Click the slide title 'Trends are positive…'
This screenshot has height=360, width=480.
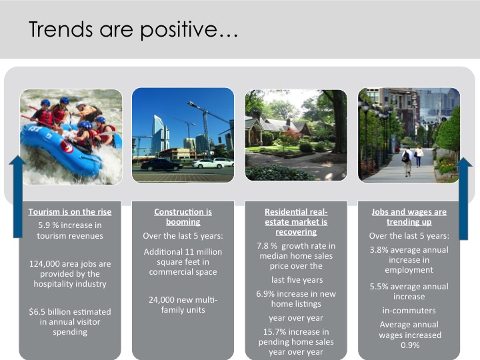[133, 30]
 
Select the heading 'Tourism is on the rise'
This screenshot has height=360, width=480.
[70, 212]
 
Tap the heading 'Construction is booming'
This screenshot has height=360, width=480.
[183, 217]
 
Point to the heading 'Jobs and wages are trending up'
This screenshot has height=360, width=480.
[409, 217]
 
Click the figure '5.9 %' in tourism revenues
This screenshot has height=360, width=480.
[49, 225]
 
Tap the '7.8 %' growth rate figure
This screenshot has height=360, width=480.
[267, 246]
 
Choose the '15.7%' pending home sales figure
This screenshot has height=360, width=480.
[275, 332]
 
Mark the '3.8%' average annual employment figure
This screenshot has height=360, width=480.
[379, 250]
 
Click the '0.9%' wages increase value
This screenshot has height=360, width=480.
[410, 345]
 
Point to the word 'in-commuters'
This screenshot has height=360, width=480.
[409, 311]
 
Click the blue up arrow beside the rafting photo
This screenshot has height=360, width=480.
[18, 197]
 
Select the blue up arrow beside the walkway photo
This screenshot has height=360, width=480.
[464, 199]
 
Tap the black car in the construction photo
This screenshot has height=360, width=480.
[161, 165]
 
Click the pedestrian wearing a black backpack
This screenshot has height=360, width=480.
[407, 161]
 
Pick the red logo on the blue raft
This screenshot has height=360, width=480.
[67, 146]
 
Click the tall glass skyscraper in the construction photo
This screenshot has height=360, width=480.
[161, 134]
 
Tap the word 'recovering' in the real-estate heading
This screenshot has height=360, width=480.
[296, 232]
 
